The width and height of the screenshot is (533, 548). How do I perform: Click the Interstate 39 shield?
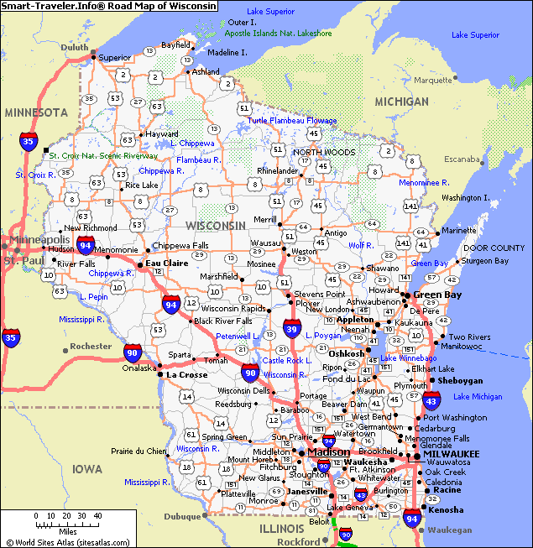point(292,328)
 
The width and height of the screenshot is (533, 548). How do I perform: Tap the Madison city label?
point(328,452)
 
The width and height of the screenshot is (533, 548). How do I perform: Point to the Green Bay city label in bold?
point(437,295)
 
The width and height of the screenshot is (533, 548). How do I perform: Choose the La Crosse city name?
point(186,374)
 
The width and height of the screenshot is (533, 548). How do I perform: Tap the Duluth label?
point(74,47)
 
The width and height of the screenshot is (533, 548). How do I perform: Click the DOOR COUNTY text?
point(494,248)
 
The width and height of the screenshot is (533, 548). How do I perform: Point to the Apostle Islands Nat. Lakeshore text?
point(278,34)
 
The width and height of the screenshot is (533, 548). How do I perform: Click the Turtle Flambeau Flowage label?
point(291,121)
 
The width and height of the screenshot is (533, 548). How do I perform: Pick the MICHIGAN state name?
point(400,102)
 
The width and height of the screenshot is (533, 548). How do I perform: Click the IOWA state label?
point(86,468)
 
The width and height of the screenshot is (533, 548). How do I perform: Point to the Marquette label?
point(432,81)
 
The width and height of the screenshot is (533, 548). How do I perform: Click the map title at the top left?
point(108,6)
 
